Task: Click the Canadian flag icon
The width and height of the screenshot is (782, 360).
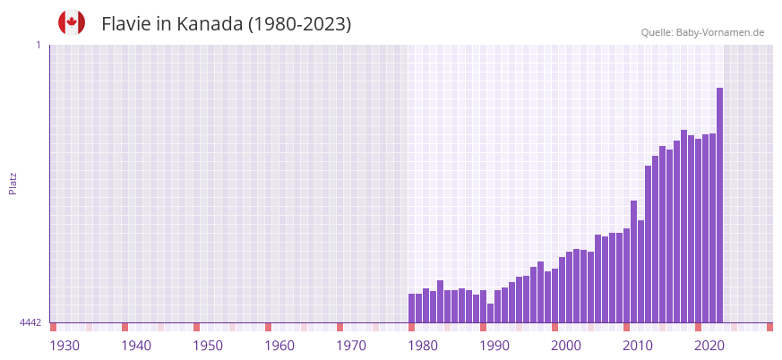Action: [72, 23]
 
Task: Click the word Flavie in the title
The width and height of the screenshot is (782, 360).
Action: [126, 24]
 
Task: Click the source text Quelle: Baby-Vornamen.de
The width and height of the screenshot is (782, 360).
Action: [702, 32]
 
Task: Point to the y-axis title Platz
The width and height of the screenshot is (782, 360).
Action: [13, 183]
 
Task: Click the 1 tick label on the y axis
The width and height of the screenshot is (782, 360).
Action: [38, 45]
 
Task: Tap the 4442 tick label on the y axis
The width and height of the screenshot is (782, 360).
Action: [30, 322]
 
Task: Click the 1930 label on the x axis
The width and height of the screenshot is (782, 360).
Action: [64, 346]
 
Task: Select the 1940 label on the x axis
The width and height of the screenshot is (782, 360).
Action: [136, 346]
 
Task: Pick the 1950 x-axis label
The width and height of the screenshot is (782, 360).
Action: [208, 346]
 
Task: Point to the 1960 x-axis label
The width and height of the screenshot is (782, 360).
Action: [279, 346]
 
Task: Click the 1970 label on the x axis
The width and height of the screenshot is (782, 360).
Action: [351, 346]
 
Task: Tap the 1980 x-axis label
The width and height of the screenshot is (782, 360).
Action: [423, 346]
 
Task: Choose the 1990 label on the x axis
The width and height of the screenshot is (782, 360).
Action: [494, 346]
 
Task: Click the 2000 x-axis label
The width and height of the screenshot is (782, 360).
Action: [566, 346]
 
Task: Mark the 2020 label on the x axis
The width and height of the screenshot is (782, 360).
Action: [709, 346]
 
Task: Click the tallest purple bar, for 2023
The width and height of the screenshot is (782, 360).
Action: [719, 205]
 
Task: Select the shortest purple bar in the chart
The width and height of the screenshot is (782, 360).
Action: [490, 313]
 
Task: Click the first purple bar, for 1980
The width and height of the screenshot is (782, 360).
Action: [411, 308]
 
